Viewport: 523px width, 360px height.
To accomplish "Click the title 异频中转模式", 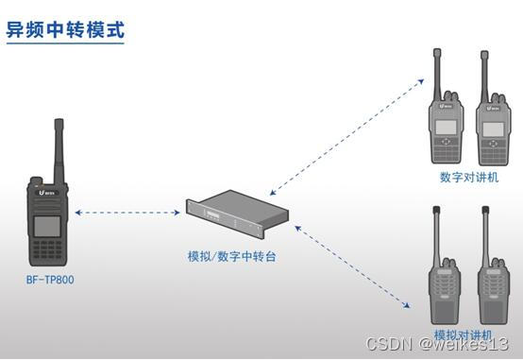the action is coord(65,29).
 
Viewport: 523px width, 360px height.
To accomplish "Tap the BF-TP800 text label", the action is coord(50,280).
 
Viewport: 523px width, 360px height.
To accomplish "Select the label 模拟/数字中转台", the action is coord(232,256).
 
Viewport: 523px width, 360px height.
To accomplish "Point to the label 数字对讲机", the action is coord(469,177).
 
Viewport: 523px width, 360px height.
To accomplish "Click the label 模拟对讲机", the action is coord(463,334).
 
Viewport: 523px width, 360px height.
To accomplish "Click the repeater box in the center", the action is coord(237,214).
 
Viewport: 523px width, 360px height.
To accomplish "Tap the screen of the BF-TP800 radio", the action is coord(47,227).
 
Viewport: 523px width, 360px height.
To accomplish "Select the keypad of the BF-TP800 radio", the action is coord(48,249).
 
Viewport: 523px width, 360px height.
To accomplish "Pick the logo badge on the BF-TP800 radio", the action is coord(47,193).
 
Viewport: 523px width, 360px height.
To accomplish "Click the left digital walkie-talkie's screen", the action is coord(446,128).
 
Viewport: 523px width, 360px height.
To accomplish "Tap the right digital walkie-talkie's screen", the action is coord(494,129).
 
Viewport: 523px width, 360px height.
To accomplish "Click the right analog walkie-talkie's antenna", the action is coord(485,233).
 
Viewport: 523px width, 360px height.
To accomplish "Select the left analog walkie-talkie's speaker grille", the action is coord(445,284).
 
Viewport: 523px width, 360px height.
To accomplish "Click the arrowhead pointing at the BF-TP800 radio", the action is coord(78,213).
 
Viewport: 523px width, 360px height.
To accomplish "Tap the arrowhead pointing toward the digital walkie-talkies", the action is coord(421,81).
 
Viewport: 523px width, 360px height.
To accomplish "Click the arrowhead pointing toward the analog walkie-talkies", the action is coord(407,305).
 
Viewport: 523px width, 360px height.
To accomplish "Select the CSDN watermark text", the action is coord(437,344).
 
